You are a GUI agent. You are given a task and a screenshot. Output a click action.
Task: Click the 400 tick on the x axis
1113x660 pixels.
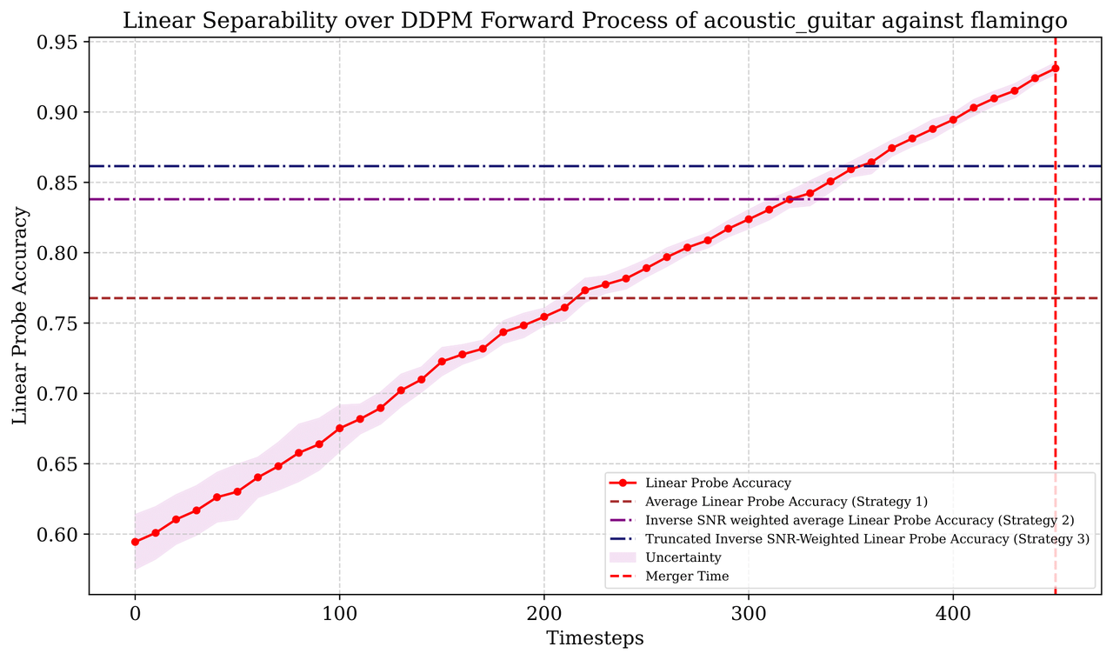pos(953,612)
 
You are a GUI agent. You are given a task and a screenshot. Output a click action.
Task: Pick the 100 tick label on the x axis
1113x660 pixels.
pos(339,612)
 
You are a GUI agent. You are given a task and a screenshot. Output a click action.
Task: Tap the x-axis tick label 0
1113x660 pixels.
pos(135,612)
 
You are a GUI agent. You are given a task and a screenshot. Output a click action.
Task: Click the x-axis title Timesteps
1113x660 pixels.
pos(595,638)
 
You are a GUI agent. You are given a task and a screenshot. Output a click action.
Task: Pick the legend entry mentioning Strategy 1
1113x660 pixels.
pos(786,502)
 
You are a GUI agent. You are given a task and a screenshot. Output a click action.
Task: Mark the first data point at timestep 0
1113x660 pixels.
pos(135,542)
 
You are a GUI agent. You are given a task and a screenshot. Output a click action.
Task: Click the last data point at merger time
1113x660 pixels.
pos(1055,68)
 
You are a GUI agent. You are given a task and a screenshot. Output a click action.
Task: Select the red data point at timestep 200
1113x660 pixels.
pos(544,317)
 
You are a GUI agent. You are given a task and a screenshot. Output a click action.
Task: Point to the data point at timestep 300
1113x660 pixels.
pos(749,219)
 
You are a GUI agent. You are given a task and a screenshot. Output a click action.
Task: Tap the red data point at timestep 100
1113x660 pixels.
pos(339,428)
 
